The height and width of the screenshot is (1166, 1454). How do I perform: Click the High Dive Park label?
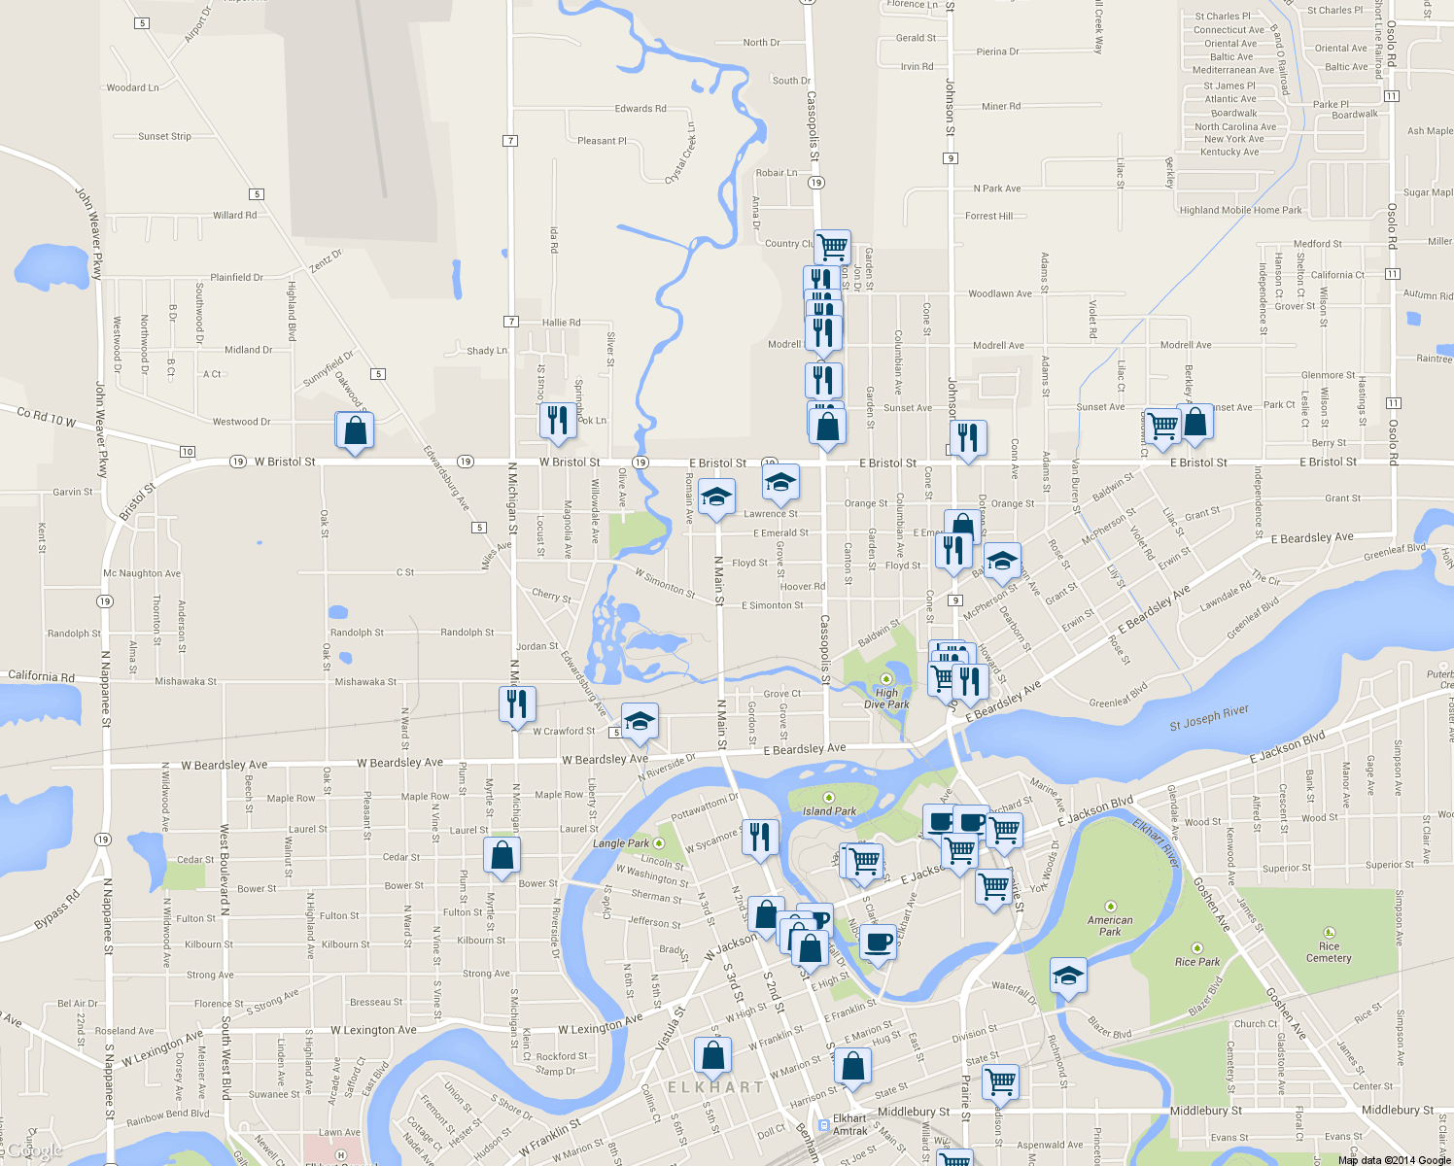(x=885, y=699)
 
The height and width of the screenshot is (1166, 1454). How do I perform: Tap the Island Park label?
(x=829, y=810)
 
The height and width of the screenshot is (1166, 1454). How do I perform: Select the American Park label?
(x=1110, y=925)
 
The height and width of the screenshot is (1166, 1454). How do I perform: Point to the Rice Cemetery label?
(x=1329, y=951)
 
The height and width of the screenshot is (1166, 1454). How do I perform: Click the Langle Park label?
(x=621, y=843)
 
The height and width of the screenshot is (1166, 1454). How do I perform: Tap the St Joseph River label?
(x=1209, y=718)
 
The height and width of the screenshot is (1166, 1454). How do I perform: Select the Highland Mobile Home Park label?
(x=1240, y=210)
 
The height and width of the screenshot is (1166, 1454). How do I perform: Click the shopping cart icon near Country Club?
(x=833, y=246)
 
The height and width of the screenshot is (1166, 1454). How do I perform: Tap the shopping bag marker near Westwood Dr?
(x=356, y=429)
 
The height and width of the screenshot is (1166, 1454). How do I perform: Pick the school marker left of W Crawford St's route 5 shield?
(x=640, y=721)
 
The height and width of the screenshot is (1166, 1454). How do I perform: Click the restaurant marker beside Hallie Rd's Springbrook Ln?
(x=558, y=420)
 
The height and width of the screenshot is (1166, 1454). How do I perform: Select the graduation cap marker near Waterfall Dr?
(x=1067, y=976)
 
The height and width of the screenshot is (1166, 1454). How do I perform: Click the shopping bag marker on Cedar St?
(x=502, y=855)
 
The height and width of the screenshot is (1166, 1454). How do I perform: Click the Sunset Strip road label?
(x=164, y=137)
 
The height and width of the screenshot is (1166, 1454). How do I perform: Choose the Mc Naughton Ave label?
(x=142, y=573)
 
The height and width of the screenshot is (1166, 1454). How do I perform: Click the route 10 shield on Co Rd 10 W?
(x=188, y=452)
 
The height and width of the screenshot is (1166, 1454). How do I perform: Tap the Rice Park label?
(x=1196, y=962)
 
